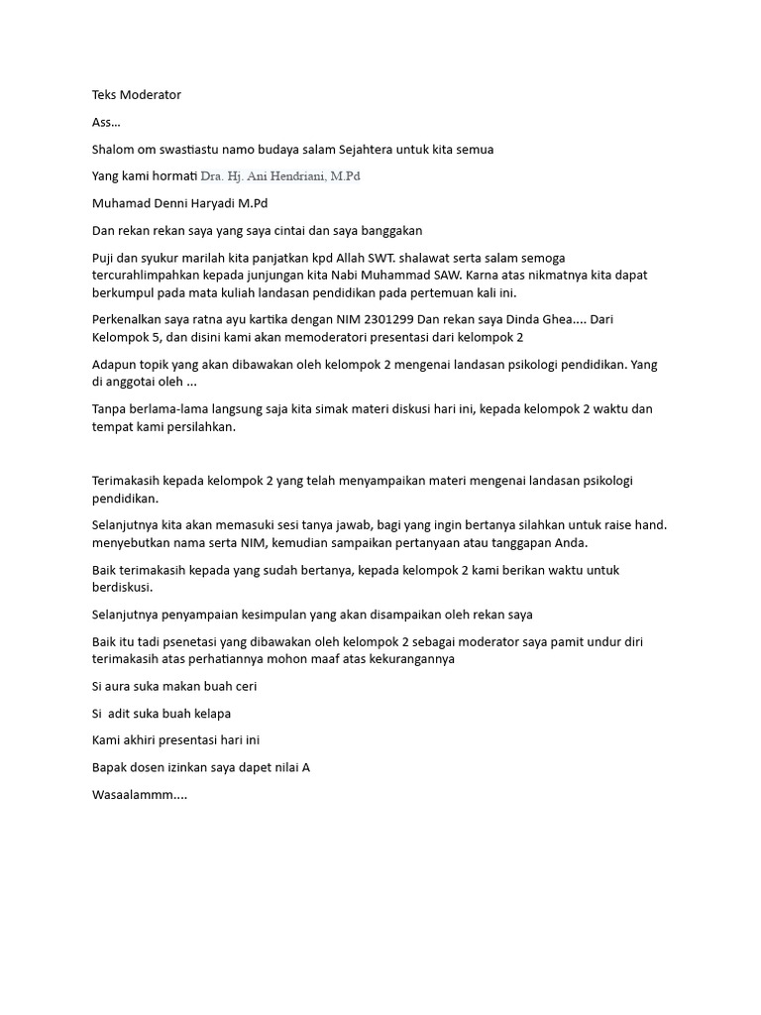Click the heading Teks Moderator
(x=136, y=95)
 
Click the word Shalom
(x=114, y=149)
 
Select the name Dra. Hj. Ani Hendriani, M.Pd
(x=280, y=176)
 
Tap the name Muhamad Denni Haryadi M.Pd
(x=179, y=203)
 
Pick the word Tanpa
(x=110, y=409)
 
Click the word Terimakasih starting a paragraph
(x=129, y=481)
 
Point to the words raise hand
(x=635, y=525)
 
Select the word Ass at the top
(x=102, y=122)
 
